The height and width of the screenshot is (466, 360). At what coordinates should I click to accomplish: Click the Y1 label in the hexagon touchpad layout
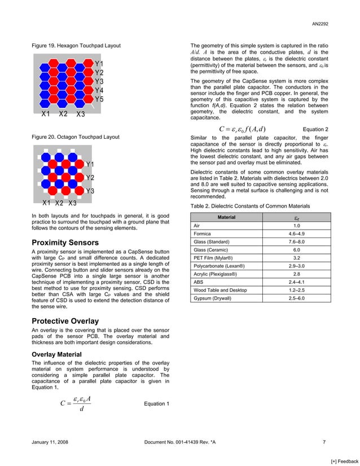tap(99, 64)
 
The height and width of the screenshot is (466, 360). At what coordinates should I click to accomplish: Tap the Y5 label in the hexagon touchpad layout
tap(99, 99)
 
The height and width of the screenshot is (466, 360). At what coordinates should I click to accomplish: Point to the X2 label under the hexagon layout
tap(63, 114)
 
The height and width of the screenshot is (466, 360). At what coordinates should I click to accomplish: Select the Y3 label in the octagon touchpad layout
tap(90, 191)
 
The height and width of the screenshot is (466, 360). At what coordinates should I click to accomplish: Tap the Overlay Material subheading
tap(57, 354)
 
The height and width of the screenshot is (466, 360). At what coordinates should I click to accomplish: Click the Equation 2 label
tap(315, 129)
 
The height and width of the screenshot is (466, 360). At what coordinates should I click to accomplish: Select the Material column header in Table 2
tap(226, 217)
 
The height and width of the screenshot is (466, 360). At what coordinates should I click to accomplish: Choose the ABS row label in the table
tap(199, 281)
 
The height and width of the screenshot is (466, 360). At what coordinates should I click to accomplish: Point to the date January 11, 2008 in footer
tap(50, 442)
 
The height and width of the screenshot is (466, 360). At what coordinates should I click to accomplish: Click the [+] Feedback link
tap(343, 461)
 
